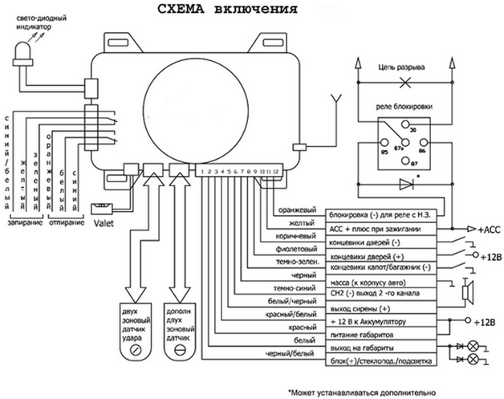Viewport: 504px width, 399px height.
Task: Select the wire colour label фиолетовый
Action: (x=297, y=250)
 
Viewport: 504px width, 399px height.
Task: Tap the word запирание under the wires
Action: (x=23, y=222)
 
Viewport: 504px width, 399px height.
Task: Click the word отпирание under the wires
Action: (x=67, y=222)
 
